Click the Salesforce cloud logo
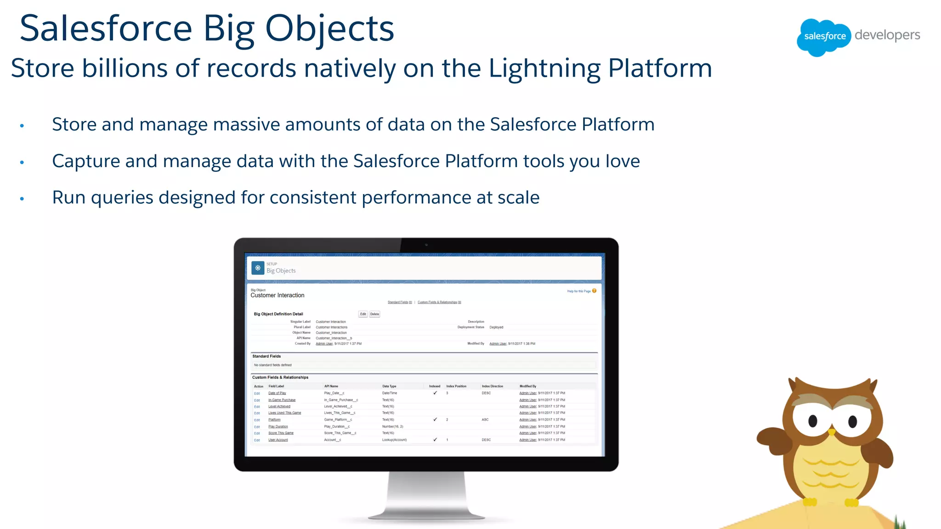(x=824, y=36)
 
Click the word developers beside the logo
(x=887, y=35)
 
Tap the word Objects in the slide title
(x=329, y=29)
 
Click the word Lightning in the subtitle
(x=544, y=68)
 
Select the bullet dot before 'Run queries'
(x=22, y=199)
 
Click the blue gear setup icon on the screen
(x=258, y=268)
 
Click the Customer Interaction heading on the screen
(x=277, y=295)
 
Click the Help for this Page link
(x=579, y=291)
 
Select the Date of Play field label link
(x=277, y=393)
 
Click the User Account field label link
(x=278, y=440)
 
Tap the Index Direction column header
(x=492, y=386)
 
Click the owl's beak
(x=832, y=432)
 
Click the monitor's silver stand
(x=426, y=496)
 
